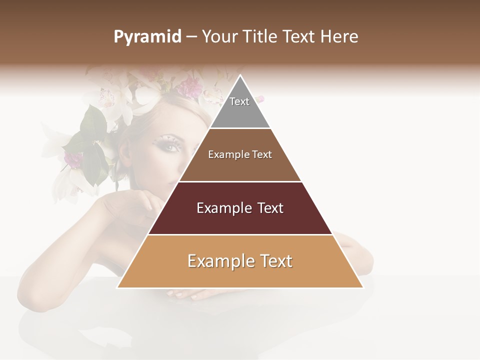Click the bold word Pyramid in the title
click(147, 37)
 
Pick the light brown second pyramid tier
click(240, 167)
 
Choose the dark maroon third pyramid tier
click(240, 220)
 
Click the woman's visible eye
click(171, 146)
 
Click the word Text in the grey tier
click(239, 101)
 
